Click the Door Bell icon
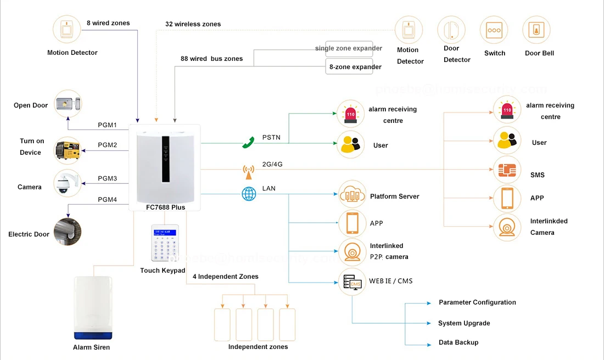[x=536, y=30]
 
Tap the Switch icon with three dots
[x=494, y=30]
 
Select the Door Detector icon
[x=451, y=30]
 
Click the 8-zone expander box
[x=349, y=67]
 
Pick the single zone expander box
[x=349, y=48]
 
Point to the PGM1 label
[x=108, y=125]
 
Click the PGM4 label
[x=108, y=200]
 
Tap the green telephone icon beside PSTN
[x=248, y=143]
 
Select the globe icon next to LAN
[x=249, y=194]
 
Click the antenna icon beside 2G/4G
[x=249, y=171]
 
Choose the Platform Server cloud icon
[x=352, y=194]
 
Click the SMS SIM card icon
[x=507, y=170]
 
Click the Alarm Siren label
[x=91, y=347]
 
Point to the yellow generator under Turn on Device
[x=68, y=150]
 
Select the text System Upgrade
[x=464, y=323]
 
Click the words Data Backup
[x=458, y=342]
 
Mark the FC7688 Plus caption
[x=165, y=207]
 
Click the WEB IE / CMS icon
[x=352, y=282]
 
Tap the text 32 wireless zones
[x=193, y=24]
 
